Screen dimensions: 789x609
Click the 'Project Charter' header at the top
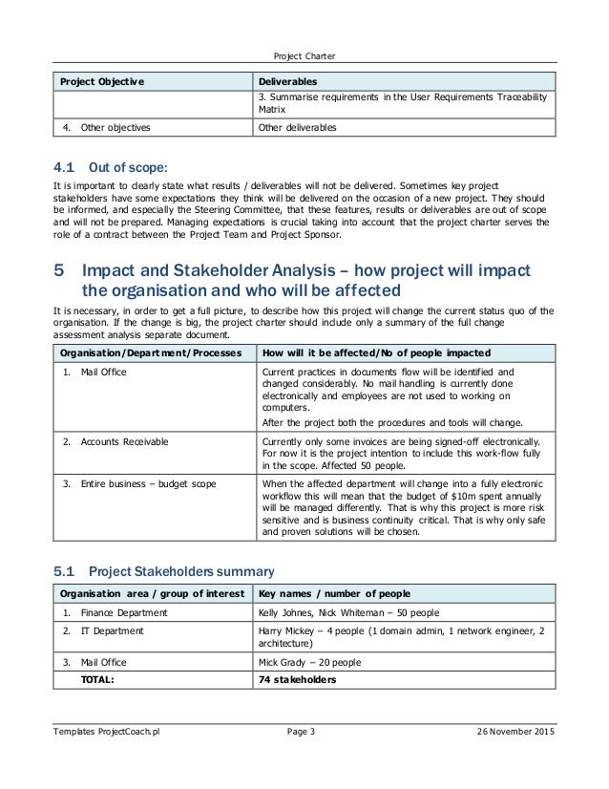point(304,54)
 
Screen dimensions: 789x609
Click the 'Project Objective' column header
point(103,81)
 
